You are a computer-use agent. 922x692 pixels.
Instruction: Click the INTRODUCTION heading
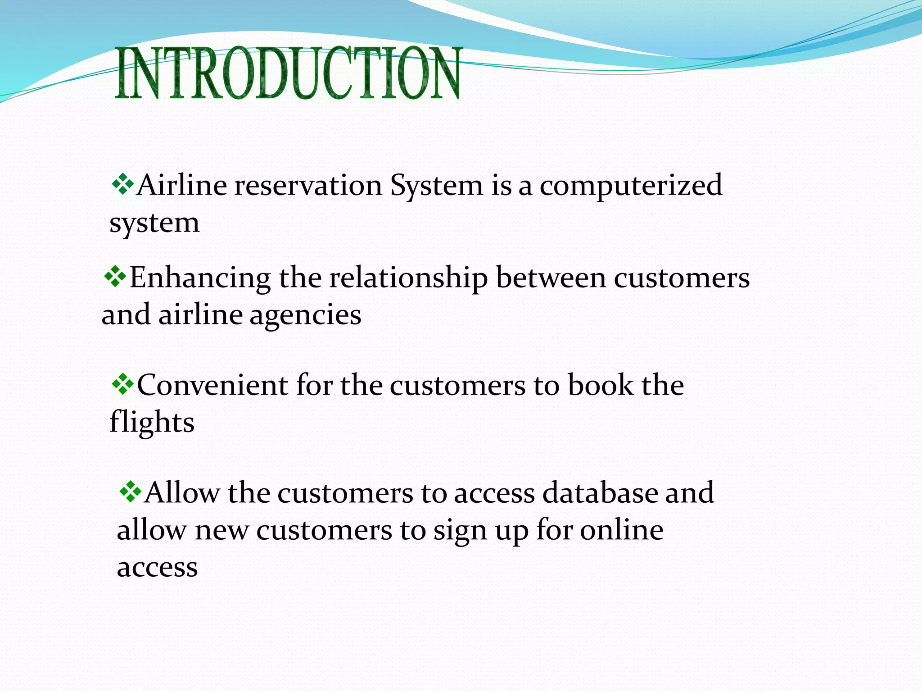tap(288, 73)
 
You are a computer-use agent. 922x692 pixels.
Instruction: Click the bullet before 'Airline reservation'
tap(122, 184)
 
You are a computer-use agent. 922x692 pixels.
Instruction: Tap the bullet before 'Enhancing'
tap(115, 277)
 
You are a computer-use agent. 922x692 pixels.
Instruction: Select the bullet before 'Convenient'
tap(122, 384)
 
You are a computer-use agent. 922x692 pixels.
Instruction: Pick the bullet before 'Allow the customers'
tap(131, 492)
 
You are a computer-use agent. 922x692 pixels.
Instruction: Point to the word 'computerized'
tap(631, 186)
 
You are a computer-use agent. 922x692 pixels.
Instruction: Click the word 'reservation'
tap(307, 185)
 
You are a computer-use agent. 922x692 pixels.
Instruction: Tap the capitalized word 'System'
tap(436, 186)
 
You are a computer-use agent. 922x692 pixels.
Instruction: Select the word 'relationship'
tap(408, 278)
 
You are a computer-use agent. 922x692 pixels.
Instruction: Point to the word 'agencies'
tap(305, 316)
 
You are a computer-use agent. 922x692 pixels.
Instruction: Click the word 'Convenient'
tap(212, 385)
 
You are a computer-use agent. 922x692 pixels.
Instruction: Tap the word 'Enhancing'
tap(200, 278)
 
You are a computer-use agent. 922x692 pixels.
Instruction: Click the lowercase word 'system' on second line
tap(154, 223)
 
